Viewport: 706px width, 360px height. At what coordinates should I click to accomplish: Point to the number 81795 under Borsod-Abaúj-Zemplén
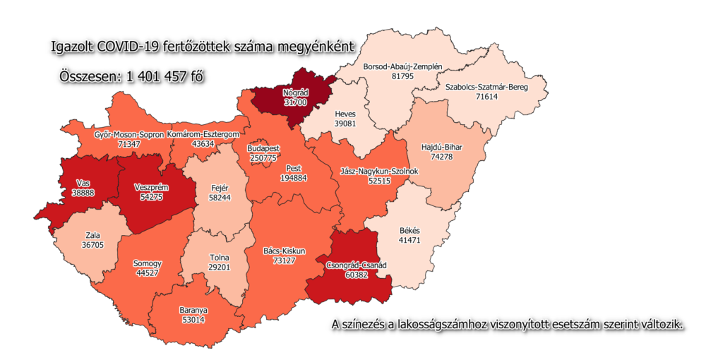(402, 76)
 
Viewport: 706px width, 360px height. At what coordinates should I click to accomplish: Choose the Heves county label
(345, 114)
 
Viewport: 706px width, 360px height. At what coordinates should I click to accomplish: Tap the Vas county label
(83, 182)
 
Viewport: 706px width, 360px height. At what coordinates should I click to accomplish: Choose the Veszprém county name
(148, 188)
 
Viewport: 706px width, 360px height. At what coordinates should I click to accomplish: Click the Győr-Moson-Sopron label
(129, 134)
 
